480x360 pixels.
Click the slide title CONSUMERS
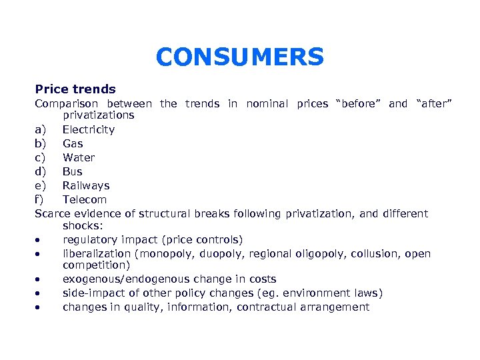[x=239, y=57]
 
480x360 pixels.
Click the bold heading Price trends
[x=75, y=89]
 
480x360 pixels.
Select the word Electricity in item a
[x=89, y=129]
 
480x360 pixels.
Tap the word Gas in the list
[x=73, y=143]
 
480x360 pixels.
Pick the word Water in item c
[x=79, y=157]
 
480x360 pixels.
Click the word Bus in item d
[x=73, y=171]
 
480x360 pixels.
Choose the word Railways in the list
[x=86, y=185]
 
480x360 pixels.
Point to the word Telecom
[x=85, y=199]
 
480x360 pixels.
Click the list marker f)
[x=39, y=199]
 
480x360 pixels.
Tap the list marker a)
[x=40, y=129]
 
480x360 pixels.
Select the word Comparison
[x=66, y=103]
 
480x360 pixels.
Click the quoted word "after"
[x=434, y=103]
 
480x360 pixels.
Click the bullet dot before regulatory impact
[x=40, y=240]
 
